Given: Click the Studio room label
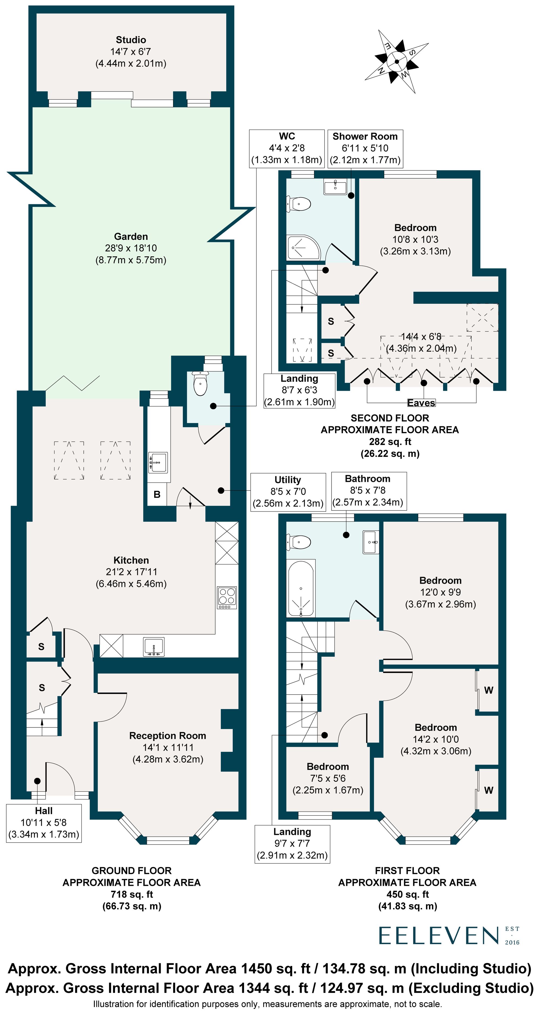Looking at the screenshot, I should point(131,40).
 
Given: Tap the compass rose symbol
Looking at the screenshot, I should point(397,62).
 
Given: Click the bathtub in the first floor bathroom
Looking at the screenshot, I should point(301,588).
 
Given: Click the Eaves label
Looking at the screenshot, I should point(421,403).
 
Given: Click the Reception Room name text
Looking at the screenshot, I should point(167,736).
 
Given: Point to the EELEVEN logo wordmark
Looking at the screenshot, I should point(439,936).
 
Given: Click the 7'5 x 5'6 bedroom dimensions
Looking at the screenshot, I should point(328,779).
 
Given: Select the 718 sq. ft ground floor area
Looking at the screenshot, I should point(131,894).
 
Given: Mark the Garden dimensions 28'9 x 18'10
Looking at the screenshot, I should point(131,248).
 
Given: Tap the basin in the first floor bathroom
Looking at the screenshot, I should point(371,542).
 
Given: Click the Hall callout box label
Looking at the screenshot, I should point(44,811).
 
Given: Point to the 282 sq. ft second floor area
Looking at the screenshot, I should point(390,442).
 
